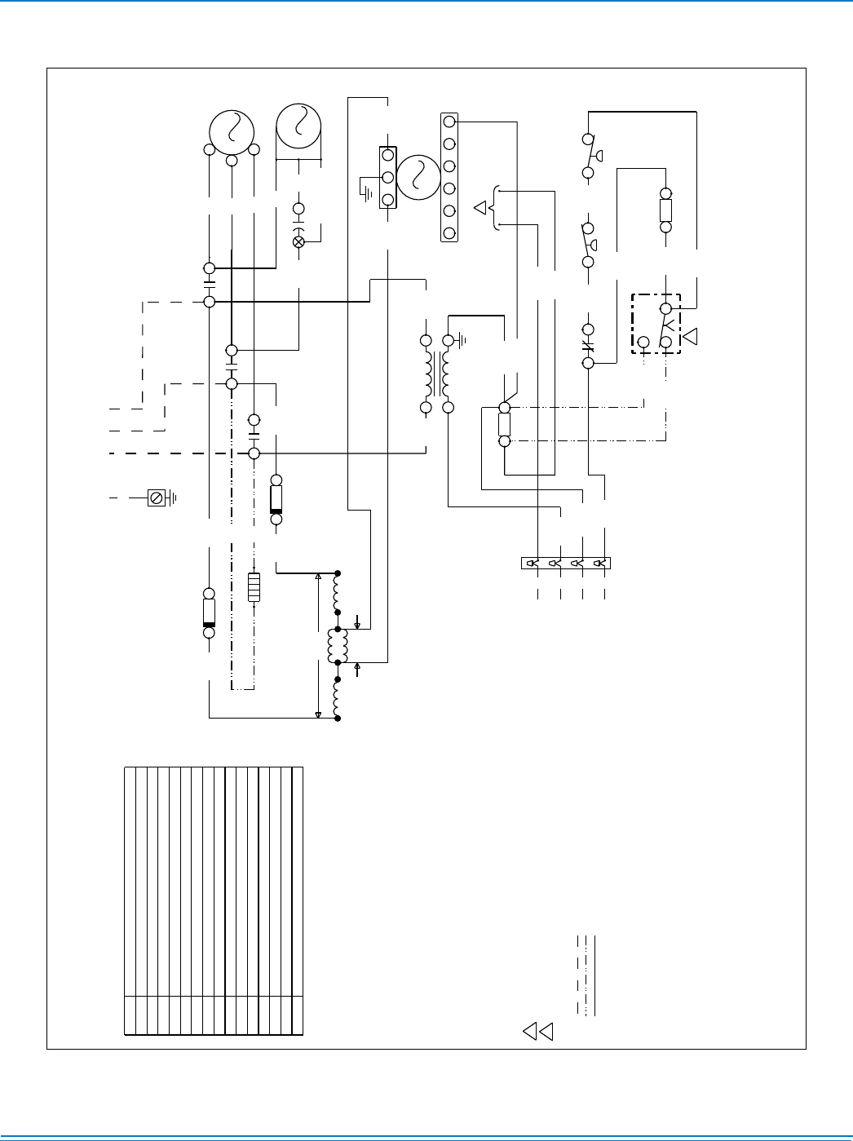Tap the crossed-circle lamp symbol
point(298,242)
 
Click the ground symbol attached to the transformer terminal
point(462,338)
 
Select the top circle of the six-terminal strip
point(449,122)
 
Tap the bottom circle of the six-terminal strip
point(449,233)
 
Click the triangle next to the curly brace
point(481,207)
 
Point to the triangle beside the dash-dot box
point(691,335)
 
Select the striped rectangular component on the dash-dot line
point(254,587)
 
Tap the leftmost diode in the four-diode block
point(532,563)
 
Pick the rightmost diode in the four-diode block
point(600,563)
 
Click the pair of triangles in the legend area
point(538,1031)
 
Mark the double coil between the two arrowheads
point(338,646)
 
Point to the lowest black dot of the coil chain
point(338,719)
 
